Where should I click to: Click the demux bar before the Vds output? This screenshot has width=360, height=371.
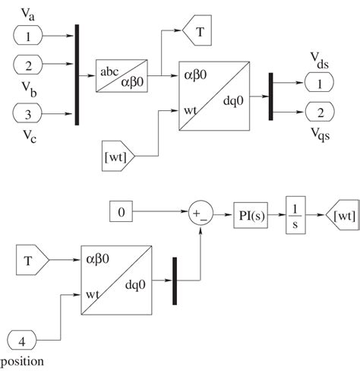pyautogui.click(x=270, y=97)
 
